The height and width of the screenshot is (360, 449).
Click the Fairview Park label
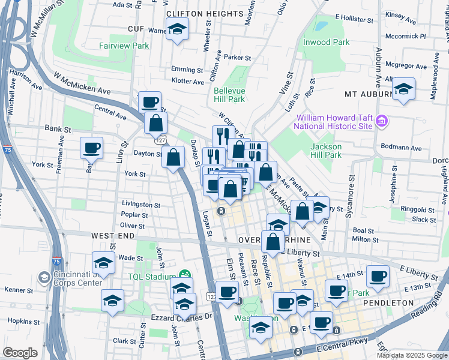tap(124, 46)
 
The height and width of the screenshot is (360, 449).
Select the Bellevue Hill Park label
tap(229, 95)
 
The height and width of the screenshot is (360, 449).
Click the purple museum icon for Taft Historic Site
tap(381, 122)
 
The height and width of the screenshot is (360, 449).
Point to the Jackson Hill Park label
tap(326, 151)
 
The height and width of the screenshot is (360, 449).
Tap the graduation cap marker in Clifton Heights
tap(178, 29)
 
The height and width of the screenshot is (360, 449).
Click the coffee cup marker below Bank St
tap(91, 148)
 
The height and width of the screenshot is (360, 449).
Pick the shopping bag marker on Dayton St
tap(173, 158)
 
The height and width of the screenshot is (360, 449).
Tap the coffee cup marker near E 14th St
tap(378, 276)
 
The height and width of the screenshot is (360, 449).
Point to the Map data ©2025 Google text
tap(412, 355)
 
